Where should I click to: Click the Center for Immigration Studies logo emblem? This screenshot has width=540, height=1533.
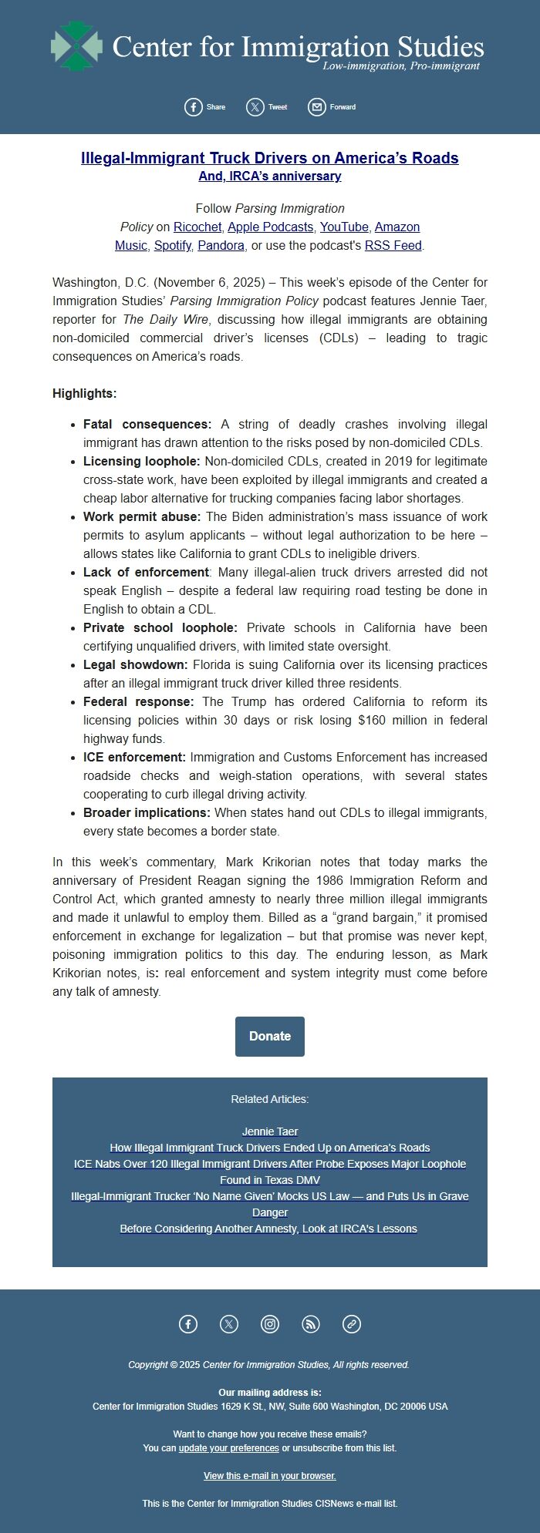tap(76, 47)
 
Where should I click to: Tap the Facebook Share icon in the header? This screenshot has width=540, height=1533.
tap(193, 107)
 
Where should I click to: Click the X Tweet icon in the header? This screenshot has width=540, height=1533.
tap(255, 107)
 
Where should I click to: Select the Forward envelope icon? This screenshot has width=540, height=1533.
tap(316, 107)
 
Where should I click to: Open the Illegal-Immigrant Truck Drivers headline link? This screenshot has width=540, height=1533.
tap(269, 158)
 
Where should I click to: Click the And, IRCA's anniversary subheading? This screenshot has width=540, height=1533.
tap(269, 176)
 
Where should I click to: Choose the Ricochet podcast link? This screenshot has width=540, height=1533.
tap(197, 227)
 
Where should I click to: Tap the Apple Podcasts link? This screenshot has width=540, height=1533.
tap(270, 227)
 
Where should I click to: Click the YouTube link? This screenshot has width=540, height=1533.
tap(344, 227)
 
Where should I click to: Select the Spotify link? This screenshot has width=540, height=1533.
tap(173, 246)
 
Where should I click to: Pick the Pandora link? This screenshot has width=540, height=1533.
tap(221, 246)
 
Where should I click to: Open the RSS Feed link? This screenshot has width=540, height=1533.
tap(393, 246)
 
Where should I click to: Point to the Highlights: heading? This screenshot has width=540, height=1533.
tap(85, 394)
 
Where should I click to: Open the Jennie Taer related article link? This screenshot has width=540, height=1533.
tap(270, 1131)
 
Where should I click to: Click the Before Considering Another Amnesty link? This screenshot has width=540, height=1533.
tap(268, 1229)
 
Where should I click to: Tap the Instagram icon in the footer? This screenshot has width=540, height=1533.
tap(270, 1324)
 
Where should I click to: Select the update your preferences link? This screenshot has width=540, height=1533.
tap(228, 1448)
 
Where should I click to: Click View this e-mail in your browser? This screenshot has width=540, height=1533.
tap(270, 1476)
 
